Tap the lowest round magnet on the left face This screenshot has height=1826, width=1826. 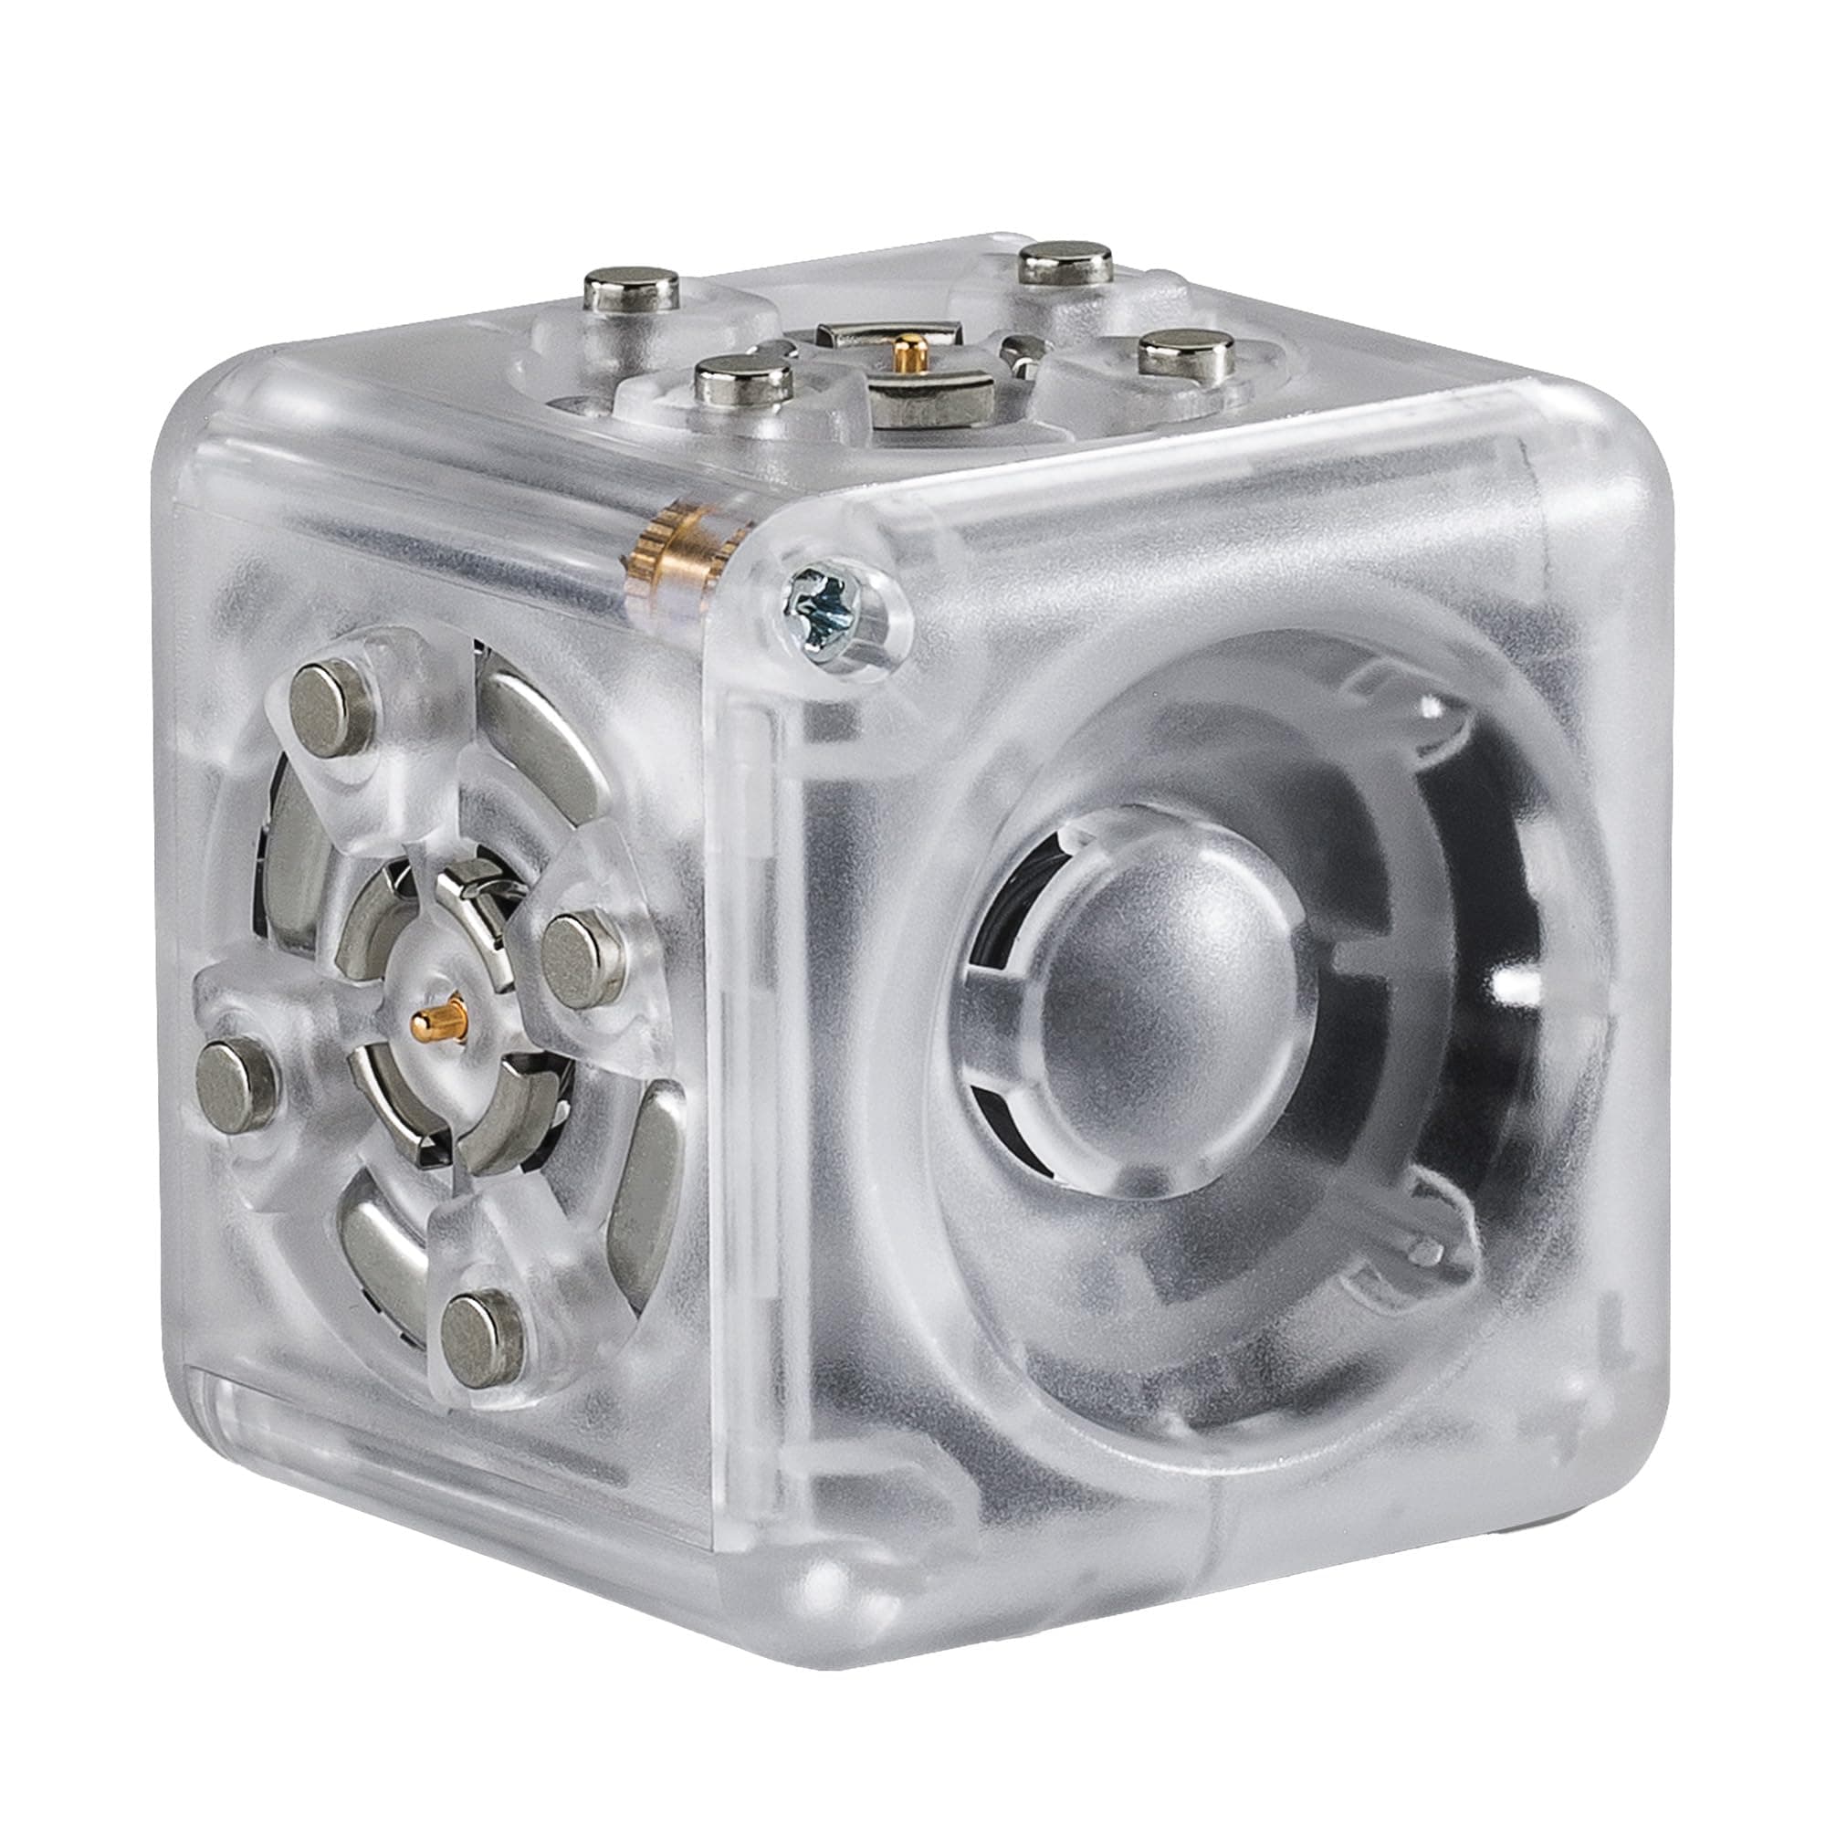pos(482,1331)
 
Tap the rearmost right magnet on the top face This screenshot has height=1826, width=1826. pos(1068,261)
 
